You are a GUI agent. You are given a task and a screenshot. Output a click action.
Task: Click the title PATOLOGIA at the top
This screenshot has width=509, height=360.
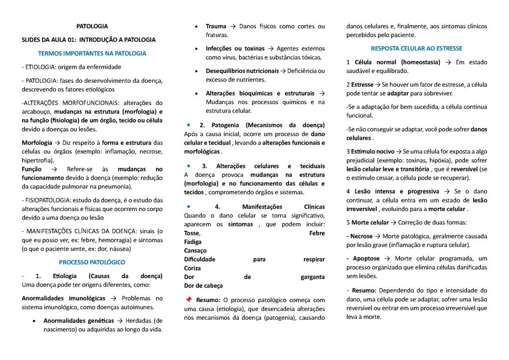[x=92, y=26]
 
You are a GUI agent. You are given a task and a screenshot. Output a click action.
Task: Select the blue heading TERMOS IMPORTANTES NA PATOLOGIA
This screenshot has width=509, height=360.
[x=92, y=53]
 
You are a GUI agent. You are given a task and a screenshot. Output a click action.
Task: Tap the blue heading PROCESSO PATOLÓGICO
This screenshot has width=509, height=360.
[x=92, y=262]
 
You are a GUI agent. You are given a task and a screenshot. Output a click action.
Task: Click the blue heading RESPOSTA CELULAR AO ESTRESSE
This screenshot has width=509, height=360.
[x=417, y=48]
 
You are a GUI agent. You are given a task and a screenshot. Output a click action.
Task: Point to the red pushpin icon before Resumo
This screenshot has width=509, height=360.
[x=189, y=300]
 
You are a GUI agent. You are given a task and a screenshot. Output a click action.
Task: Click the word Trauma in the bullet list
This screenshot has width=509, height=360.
[x=216, y=26]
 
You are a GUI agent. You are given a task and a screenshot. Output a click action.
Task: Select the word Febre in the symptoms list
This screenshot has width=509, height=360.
[x=317, y=233]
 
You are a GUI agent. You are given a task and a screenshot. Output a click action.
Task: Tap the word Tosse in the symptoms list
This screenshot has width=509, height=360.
[x=192, y=233]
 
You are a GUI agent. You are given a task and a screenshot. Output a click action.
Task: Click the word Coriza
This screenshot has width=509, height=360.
[x=192, y=268]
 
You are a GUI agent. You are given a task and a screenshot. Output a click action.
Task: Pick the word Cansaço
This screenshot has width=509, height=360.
[x=195, y=251]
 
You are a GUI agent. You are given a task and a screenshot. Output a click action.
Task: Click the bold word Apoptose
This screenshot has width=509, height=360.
[x=366, y=258]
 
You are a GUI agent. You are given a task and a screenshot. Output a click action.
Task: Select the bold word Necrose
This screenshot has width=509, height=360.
[x=361, y=236]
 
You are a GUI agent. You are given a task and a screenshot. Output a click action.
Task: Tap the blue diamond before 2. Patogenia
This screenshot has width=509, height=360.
[x=189, y=125]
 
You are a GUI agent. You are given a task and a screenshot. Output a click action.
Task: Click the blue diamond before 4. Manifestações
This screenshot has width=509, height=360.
[x=189, y=206]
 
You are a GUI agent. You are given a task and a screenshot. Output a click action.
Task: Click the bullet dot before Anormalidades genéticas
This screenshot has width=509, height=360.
[x=34, y=321]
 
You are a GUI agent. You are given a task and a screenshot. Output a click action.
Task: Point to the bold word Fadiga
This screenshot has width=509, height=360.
[x=193, y=242]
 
